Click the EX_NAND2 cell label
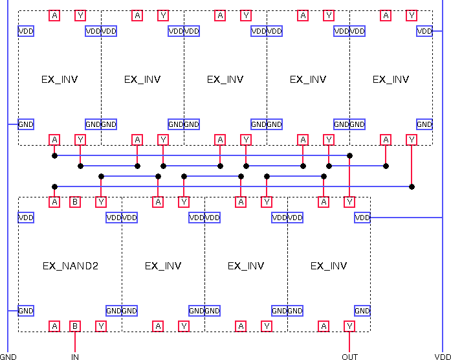coord(71,265)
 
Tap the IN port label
coord(75,356)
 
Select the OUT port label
coord(349,356)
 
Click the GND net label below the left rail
coord(8,356)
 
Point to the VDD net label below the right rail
coord(442,356)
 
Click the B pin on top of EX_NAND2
coord(75,202)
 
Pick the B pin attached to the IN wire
coord(75,326)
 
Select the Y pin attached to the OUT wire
coord(349,326)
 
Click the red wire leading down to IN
coord(75,342)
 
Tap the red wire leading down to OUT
coord(349,342)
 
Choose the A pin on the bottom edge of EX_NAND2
coord(54,326)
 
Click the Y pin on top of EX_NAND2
coord(101,202)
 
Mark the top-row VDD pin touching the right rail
coord(424,31)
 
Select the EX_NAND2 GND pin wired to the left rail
coord(26,311)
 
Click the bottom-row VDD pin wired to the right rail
coord(362,218)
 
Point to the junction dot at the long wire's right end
coord(412,186)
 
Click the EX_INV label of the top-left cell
coord(60,80)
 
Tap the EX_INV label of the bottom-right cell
coord(329,265)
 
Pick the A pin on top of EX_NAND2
coord(54,202)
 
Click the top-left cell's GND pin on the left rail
coord(26,124)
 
